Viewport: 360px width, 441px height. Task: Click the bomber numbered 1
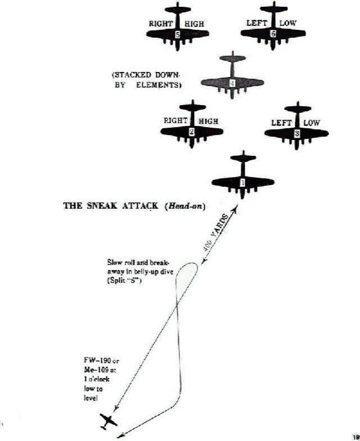pos(242,181)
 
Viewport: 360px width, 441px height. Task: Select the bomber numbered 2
pos(192,130)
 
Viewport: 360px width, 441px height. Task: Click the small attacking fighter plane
pos(109,420)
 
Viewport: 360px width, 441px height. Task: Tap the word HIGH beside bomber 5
pos(193,24)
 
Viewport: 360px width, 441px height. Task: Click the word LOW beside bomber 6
pos(287,24)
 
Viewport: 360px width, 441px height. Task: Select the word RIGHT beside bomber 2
pos(175,121)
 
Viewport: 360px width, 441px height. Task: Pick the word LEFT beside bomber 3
pos(281,123)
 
